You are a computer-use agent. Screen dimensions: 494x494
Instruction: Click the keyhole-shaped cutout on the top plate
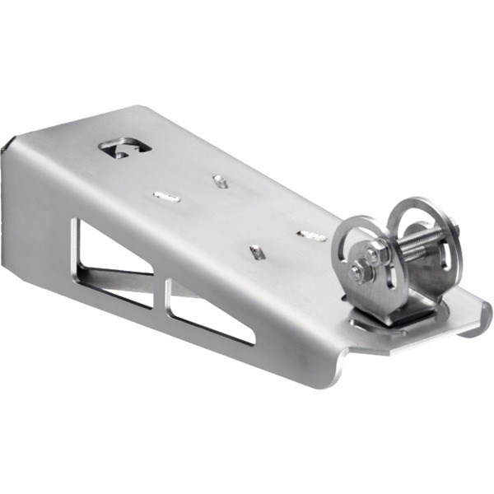click(x=124, y=149)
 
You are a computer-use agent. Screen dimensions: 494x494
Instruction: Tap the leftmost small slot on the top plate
click(x=166, y=196)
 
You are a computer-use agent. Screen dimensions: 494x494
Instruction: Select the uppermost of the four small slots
click(x=220, y=179)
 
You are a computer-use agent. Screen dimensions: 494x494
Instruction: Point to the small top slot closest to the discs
click(x=313, y=236)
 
